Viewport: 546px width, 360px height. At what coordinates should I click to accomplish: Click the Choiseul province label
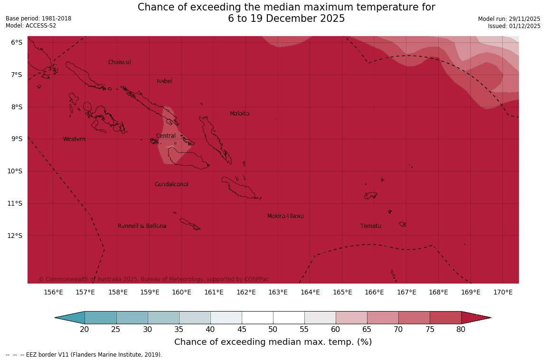pos(119,62)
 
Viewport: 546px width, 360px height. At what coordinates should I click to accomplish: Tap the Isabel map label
pos(164,81)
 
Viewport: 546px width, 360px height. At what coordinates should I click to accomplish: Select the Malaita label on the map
pos(239,114)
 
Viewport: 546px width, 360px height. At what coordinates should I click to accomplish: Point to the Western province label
pos(75,139)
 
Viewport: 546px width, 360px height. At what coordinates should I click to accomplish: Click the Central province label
pos(166,136)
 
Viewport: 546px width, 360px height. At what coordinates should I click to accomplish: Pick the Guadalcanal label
pos(171,184)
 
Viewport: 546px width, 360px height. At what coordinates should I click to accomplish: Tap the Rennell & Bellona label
pos(142,226)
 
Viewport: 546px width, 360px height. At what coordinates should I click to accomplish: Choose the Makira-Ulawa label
pos(285,216)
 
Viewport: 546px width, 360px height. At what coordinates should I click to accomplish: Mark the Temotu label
pos(370,226)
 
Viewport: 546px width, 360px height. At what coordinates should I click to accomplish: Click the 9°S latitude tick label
pos(17,139)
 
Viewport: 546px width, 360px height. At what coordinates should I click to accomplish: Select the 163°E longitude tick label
pos(278,292)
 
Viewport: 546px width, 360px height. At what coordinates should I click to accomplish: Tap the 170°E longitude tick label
pos(503,292)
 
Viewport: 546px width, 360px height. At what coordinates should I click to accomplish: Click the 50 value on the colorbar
pos(273,330)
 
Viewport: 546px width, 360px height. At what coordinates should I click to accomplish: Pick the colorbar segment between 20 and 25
pos(100,318)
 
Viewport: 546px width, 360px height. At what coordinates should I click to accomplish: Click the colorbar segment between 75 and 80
pos(445,318)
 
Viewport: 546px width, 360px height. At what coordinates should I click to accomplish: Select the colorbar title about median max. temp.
pos(273,342)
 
